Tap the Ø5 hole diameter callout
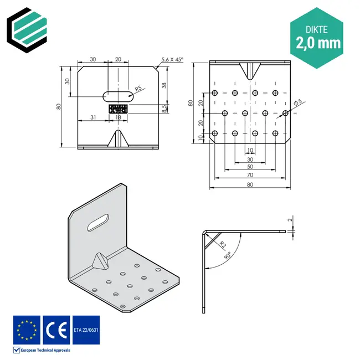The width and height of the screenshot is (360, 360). tap(297, 103)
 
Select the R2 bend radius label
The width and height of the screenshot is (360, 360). tap(221, 243)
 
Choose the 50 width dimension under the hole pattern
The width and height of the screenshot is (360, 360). tap(250, 166)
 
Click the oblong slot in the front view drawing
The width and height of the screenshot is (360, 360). tap(117, 95)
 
